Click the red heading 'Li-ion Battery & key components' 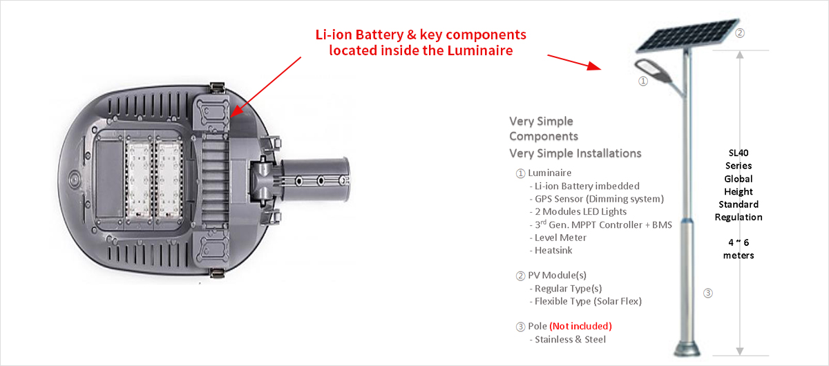(421, 35)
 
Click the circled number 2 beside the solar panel (740, 32)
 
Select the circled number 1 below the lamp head (642, 81)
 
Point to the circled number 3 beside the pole (707, 293)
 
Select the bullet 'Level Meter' (560, 238)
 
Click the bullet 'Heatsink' (553, 250)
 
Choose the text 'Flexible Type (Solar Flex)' (588, 301)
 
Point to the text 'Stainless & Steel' (570, 339)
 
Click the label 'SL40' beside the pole (739, 153)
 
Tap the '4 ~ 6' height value (739, 242)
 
